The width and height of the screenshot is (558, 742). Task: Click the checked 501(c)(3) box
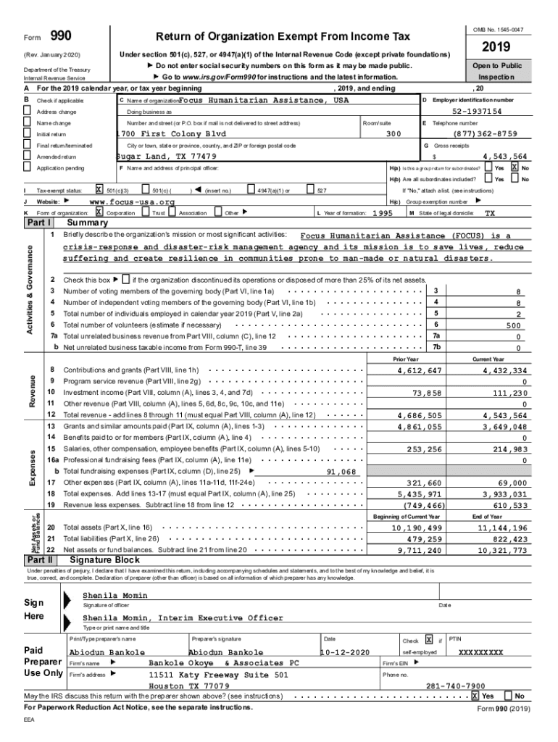pyautogui.click(x=99, y=190)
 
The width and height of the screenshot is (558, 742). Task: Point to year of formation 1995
pyautogui.click(x=382, y=214)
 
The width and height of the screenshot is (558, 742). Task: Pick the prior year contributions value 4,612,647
pyautogui.click(x=420, y=371)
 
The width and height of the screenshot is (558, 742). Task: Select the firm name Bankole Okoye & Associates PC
pyautogui.click(x=224, y=663)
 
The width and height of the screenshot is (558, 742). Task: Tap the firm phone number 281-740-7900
pyautogui.click(x=455, y=685)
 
